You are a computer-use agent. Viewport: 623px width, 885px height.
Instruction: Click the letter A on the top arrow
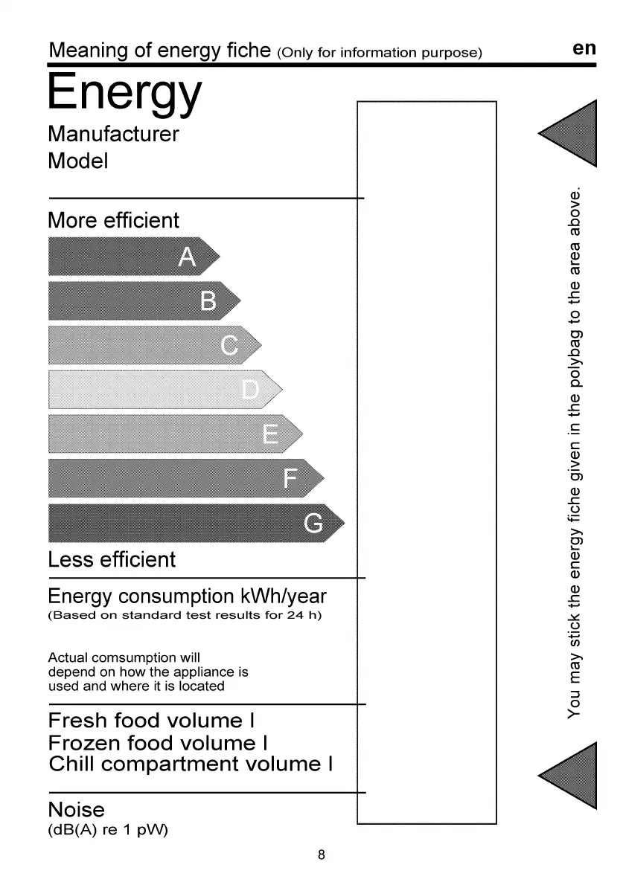tap(188, 257)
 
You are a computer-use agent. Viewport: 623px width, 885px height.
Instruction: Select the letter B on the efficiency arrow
tap(209, 301)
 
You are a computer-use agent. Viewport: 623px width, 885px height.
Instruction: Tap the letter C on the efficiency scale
tap(230, 345)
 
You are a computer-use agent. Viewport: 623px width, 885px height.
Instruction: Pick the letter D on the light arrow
tap(251, 389)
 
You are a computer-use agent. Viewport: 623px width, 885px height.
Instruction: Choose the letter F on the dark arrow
tap(293, 478)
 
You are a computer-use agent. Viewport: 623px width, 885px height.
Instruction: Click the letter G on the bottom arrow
tap(314, 524)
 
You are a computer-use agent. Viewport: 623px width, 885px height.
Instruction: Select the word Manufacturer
tap(113, 135)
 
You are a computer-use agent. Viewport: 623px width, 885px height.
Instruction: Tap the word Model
tap(77, 161)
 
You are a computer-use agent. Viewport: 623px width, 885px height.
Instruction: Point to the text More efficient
tap(113, 221)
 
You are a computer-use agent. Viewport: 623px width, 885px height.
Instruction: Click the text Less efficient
tap(112, 559)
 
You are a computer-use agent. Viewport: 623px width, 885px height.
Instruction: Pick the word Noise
tap(76, 809)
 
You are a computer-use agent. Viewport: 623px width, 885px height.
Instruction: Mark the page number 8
tap(322, 855)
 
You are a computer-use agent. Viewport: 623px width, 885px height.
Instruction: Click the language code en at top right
tap(585, 48)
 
